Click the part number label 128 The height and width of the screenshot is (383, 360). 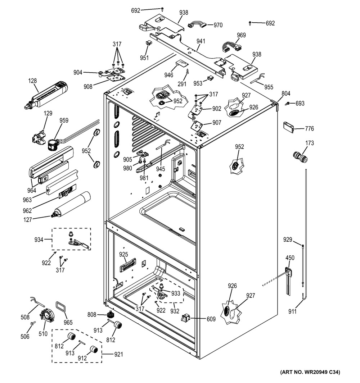pyautogui.click(x=32, y=81)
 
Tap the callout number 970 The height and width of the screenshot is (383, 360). pyautogui.click(x=218, y=25)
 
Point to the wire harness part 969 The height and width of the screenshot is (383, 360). pyautogui.click(x=231, y=47)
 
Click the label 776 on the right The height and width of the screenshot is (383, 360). pyautogui.click(x=309, y=128)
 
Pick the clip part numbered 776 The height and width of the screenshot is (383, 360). pyautogui.click(x=289, y=127)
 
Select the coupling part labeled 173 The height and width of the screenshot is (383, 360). pyautogui.click(x=300, y=157)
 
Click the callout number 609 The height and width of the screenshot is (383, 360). pyautogui.click(x=211, y=319)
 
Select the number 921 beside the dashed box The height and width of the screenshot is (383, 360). pyautogui.click(x=118, y=354)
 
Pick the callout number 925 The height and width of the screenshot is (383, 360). pyautogui.click(x=123, y=254)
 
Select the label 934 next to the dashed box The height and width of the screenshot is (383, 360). pyautogui.click(x=39, y=240)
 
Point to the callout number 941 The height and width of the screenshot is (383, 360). pyautogui.click(x=201, y=41)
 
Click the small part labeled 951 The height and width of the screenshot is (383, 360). pyautogui.click(x=148, y=43)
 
